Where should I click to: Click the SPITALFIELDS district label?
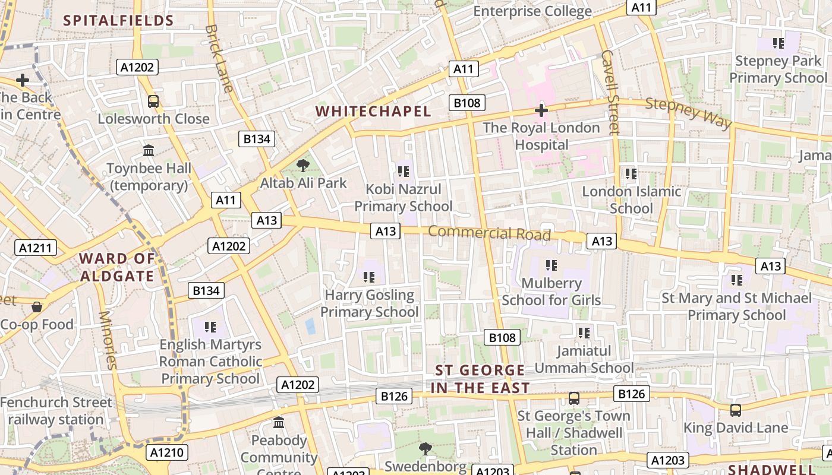pyautogui.click(x=118, y=21)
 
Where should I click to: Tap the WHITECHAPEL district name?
pyautogui.click(x=373, y=111)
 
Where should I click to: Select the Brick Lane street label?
pyautogui.click(x=219, y=58)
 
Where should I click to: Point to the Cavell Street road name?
pyautogui.click(x=610, y=91)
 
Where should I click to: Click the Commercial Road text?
pyautogui.click(x=489, y=232)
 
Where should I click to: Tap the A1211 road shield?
pyautogui.click(x=36, y=248)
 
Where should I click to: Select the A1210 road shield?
pyautogui.click(x=168, y=452)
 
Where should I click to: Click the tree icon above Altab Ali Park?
pyautogui.click(x=303, y=166)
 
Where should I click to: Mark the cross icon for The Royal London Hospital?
pyautogui.click(x=541, y=110)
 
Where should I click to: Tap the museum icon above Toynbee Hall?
pyautogui.click(x=149, y=151)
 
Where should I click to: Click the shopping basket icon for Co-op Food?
pyautogui.click(x=37, y=307)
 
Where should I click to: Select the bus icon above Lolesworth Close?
pyautogui.click(x=153, y=102)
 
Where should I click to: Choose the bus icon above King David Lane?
pyautogui.click(x=735, y=410)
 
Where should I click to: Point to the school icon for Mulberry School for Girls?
pyautogui.click(x=551, y=265)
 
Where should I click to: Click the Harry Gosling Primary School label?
pyautogui.click(x=370, y=303)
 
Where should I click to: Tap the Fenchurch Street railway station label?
pyautogui.click(x=56, y=411)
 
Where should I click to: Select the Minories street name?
pyautogui.click(x=108, y=340)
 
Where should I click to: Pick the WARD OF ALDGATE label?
pyautogui.click(x=117, y=267)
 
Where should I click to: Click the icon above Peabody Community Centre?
pyautogui.click(x=279, y=423)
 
